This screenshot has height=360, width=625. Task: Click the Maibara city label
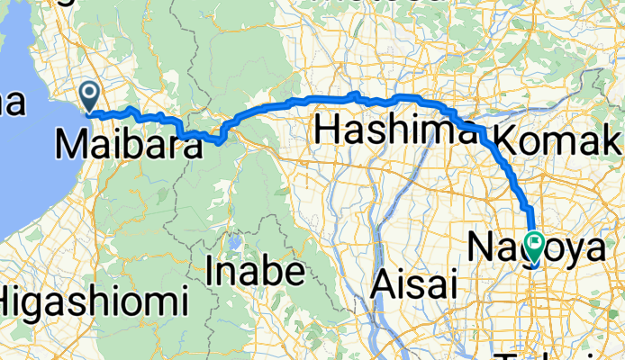(x=128, y=144)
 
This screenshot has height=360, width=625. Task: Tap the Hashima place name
(x=395, y=132)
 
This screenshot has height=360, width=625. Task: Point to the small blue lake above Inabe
(x=235, y=242)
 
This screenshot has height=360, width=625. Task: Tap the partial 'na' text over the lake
(x=12, y=103)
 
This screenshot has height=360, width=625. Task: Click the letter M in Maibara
(x=72, y=144)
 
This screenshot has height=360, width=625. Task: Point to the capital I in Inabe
(x=212, y=269)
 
